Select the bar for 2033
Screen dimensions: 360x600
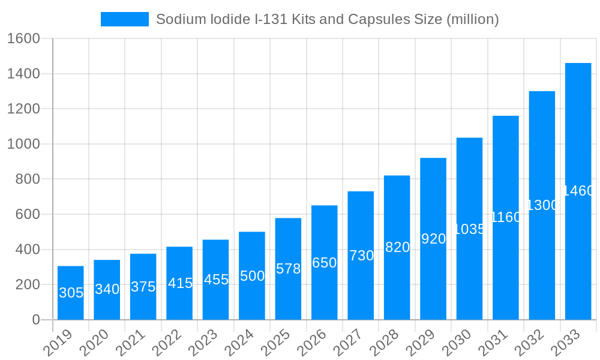point(578,191)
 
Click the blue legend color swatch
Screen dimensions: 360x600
point(125,19)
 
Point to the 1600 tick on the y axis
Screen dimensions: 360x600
point(23,38)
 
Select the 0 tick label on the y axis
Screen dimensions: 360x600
point(36,320)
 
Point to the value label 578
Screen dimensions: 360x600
point(288,269)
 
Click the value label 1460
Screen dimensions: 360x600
point(578,191)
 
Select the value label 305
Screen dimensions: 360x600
point(71,293)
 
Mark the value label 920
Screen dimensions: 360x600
point(433,239)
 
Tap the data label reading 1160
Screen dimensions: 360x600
point(506,217)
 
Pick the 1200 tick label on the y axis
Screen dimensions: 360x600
point(23,109)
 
